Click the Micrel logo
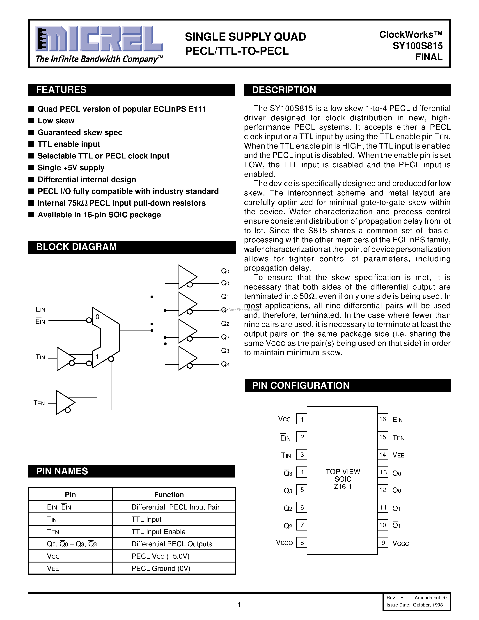99,39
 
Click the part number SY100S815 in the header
417,46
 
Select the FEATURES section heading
61,90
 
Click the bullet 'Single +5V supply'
71,168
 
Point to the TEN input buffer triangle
65,402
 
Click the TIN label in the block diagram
40,357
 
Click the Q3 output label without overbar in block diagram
225,351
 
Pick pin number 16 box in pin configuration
383,419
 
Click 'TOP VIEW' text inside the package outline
343,471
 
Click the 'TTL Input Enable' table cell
158,532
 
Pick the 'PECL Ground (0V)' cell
161,568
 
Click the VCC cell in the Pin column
53,556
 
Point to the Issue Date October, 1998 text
415,605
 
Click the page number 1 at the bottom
239,605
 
